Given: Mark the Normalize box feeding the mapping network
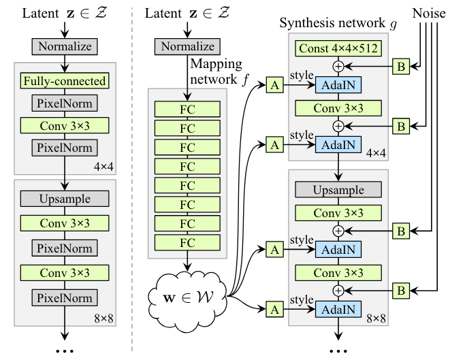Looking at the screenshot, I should [187, 46].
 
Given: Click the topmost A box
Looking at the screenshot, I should [274, 85].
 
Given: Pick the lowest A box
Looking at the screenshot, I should [274, 310].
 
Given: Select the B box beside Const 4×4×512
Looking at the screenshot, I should [401, 67].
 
